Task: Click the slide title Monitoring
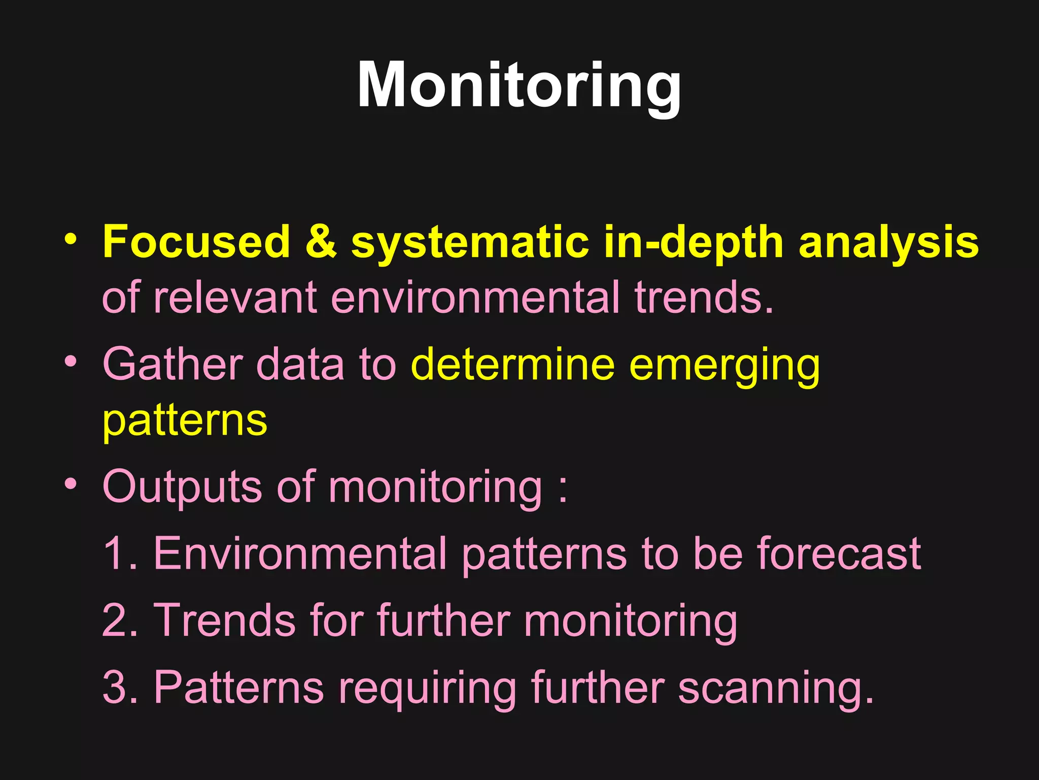(519, 85)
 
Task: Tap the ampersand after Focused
(321, 242)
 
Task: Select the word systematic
(469, 243)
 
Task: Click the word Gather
(172, 364)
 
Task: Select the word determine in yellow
(512, 364)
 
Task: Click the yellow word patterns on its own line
(185, 421)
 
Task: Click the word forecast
(839, 554)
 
